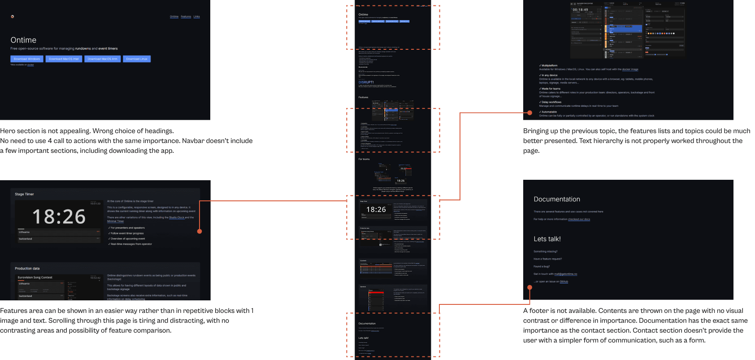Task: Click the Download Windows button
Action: coord(27,59)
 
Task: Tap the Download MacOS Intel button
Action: coord(64,59)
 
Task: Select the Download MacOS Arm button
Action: coord(102,59)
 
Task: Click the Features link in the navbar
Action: coord(186,17)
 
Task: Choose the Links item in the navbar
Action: coord(197,17)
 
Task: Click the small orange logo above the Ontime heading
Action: coord(12,17)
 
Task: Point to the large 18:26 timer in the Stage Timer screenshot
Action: coord(59,217)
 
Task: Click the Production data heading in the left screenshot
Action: coord(27,269)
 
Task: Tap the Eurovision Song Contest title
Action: coord(35,278)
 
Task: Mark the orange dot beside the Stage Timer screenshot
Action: coord(200,231)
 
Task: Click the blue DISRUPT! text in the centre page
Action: coord(366,82)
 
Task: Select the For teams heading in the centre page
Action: coord(364,159)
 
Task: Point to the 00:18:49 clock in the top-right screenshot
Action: coord(580,10)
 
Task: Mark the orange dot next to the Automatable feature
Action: coord(529,113)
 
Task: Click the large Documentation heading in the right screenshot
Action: coord(557,200)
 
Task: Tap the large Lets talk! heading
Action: coord(547,239)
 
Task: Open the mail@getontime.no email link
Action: coord(565,274)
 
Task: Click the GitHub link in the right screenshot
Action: coord(564,282)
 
